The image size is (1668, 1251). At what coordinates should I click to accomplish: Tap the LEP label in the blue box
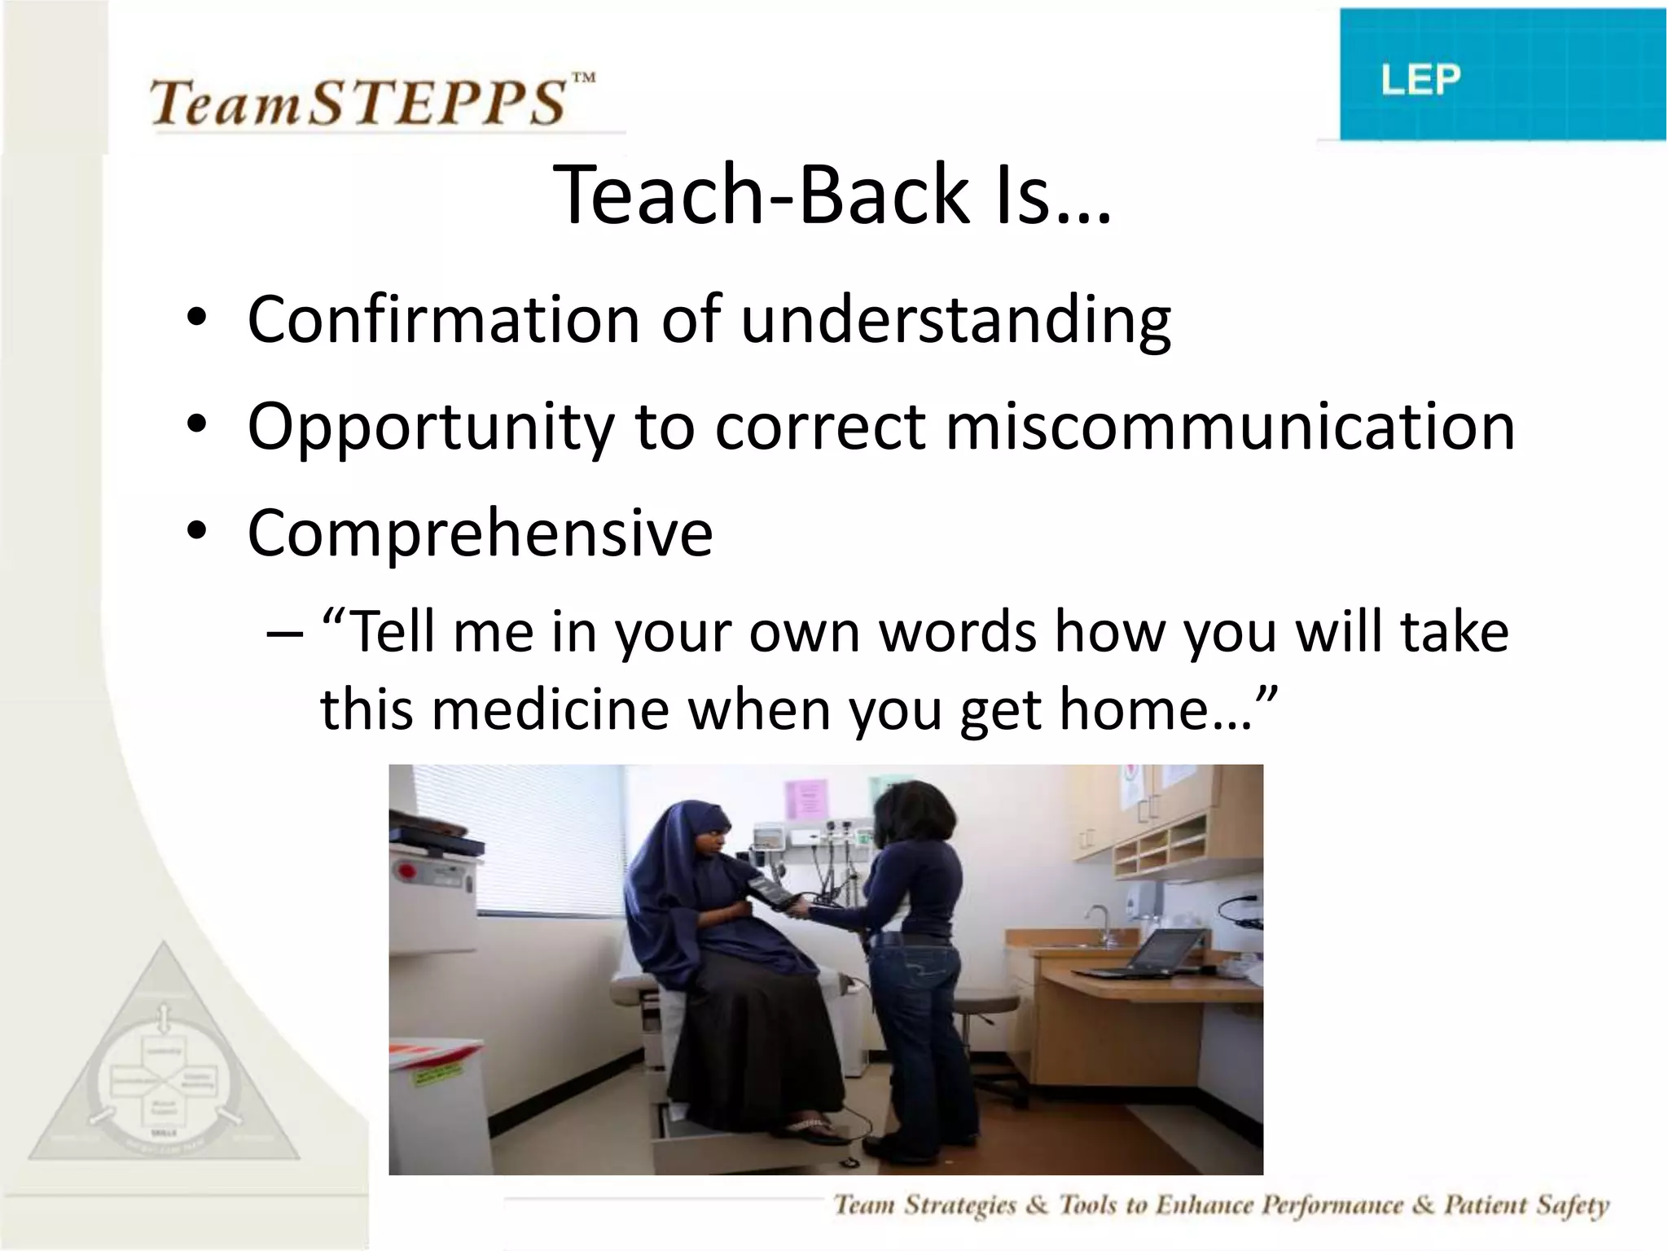point(1420,80)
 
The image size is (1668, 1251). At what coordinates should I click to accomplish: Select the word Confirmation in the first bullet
point(443,319)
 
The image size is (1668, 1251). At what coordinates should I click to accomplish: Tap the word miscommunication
point(1230,427)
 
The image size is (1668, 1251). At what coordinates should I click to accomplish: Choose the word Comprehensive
point(481,533)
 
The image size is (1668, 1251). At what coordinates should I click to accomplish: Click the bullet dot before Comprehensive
point(196,531)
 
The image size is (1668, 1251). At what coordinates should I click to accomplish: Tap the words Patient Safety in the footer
point(1526,1205)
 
